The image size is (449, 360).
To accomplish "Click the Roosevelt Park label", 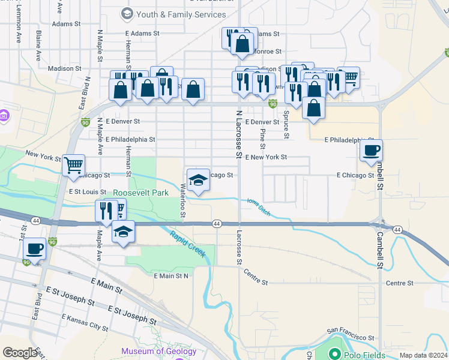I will (x=141, y=193).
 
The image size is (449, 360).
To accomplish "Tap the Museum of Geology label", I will (x=158, y=352).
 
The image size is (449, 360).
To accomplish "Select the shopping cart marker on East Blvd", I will (x=73, y=165).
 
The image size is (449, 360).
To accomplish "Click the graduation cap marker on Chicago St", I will (x=198, y=179).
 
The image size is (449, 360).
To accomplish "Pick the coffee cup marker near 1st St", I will (x=34, y=248).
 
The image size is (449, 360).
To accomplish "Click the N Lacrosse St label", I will (x=238, y=134).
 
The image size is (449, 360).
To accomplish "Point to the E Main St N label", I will (x=171, y=276).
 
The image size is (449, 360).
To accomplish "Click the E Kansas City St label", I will (x=84, y=322).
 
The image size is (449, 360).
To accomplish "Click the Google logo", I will (x=20, y=353).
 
